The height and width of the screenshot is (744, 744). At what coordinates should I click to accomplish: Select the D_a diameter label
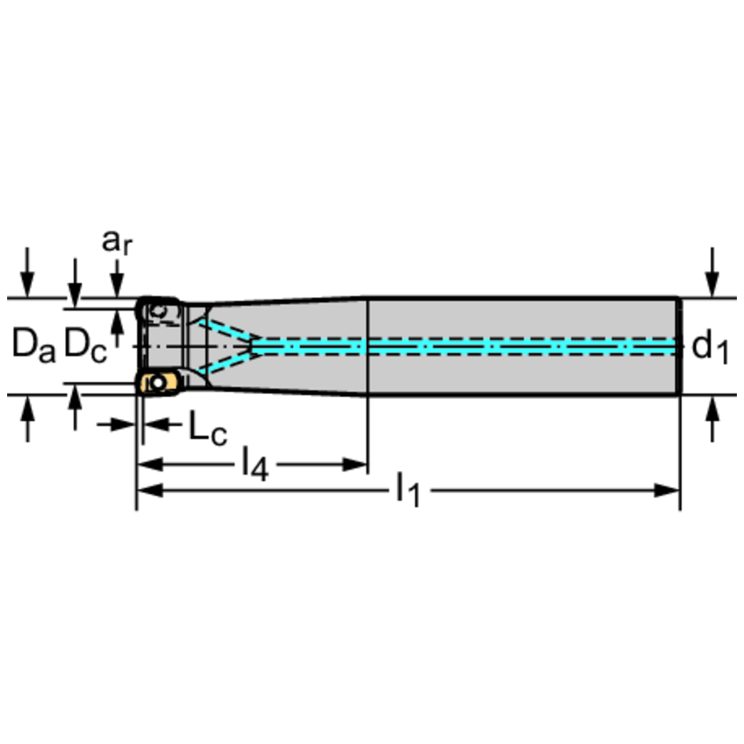[x=33, y=347]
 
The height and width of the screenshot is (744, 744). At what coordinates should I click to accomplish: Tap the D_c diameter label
[x=86, y=346]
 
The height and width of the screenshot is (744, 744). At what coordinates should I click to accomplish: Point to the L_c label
[x=207, y=428]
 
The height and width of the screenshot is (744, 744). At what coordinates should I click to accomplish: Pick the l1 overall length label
[x=408, y=492]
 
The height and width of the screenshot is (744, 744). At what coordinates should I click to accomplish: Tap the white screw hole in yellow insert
[x=158, y=383]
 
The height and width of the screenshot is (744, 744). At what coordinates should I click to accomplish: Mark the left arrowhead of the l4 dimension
[x=148, y=465]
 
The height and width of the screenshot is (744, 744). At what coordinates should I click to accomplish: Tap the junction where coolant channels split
[x=254, y=346]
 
